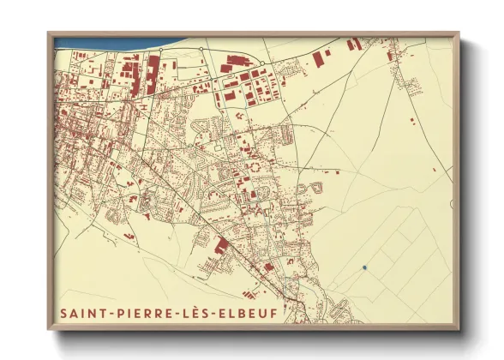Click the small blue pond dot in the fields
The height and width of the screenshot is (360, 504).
364,267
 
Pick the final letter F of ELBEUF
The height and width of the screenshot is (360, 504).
274,314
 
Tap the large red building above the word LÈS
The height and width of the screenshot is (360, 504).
220,247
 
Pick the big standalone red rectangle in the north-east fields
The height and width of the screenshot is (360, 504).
321,58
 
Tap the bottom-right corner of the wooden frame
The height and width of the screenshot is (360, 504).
459,329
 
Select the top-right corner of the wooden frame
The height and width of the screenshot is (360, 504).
459,33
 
